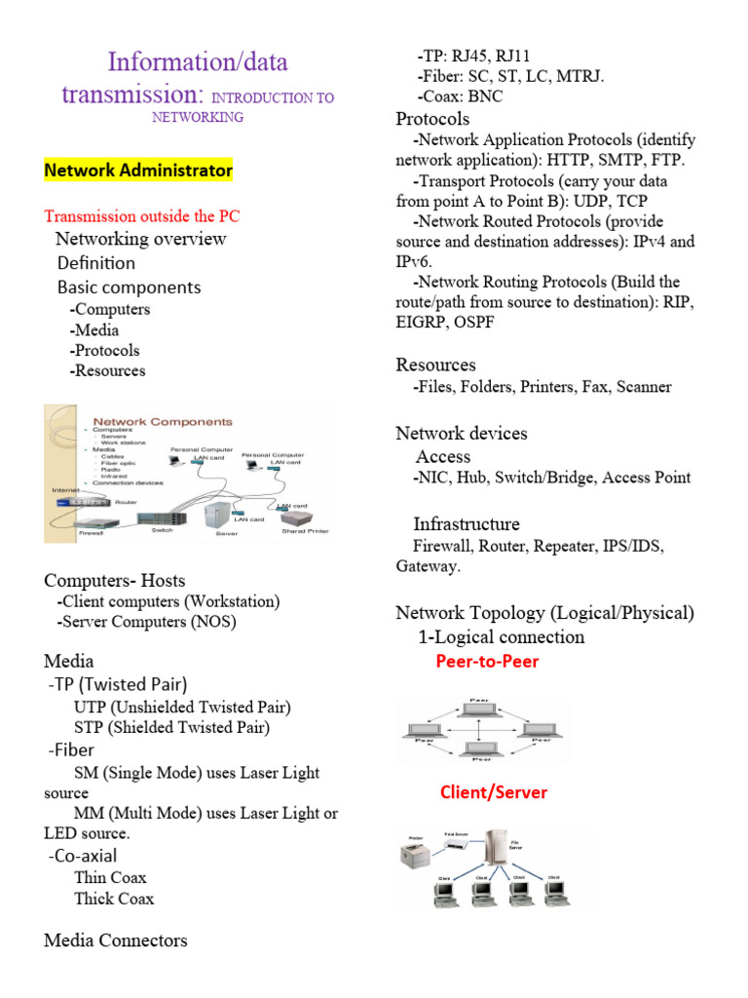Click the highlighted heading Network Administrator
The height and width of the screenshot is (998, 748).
(x=138, y=171)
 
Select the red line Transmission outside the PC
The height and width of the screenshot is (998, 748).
(x=142, y=215)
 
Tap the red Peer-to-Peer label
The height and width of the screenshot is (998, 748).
(x=486, y=662)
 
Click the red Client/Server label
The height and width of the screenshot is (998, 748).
(x=493, y=792)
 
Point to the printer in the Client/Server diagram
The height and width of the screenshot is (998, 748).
(x=416, y=856)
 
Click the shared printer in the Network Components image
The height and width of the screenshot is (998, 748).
(x=305, y=520)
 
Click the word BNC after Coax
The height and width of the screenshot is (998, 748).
(x=485, y=96)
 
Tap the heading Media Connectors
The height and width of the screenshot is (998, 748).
(x=116, y=940)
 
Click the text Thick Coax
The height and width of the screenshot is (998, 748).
(x=114, y=899)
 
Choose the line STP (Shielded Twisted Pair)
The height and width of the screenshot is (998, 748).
(x=171, y=727)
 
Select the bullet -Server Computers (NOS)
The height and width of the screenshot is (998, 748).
(x=147, y=622)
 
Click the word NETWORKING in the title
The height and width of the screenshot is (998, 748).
(x=198, y=117)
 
